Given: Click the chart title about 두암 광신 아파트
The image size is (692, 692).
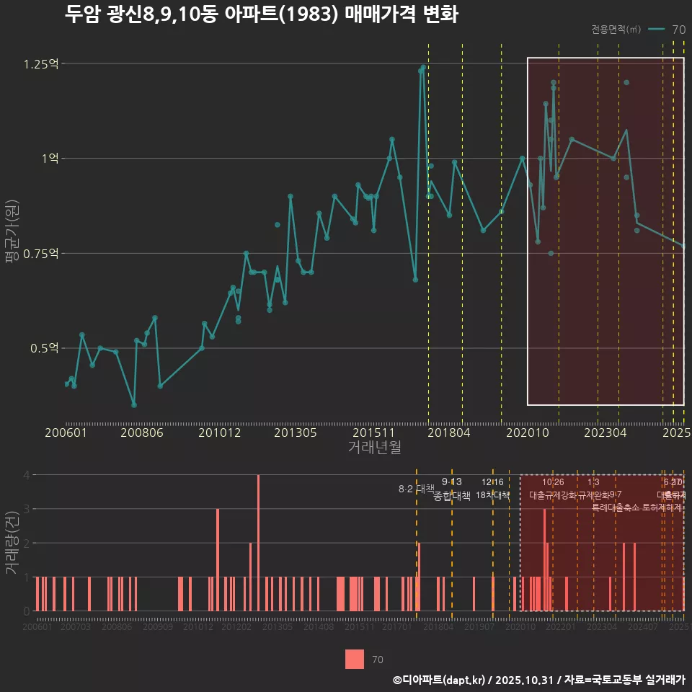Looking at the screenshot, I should (x=261, y=14).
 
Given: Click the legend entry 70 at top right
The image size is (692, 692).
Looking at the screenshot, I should (x=678, y=30).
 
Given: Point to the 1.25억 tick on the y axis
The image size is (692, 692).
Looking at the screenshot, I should (x=40, y=64).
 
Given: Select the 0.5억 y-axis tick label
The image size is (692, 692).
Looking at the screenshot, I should (x=43, y=348).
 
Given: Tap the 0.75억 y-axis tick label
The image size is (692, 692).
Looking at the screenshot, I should (x=40, y=254).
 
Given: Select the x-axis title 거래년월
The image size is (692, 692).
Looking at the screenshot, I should (x=375, y=448).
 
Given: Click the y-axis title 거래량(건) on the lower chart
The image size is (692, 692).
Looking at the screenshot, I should (x=12, y=543).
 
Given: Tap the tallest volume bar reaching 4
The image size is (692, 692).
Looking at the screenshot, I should (x=258, y=542).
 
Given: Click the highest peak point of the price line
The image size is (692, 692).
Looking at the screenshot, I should (x=423, y=67).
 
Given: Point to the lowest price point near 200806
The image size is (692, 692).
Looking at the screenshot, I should (x=134, y=405).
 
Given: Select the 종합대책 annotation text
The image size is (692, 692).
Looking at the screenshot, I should (x=452, y=496).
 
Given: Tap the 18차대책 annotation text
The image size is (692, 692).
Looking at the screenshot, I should (x=492, y=496).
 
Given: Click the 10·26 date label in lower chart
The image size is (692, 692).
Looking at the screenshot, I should (x=553, y=482).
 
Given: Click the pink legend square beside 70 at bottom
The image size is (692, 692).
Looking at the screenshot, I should (x=355, y=659).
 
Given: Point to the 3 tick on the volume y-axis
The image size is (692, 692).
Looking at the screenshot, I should (x=26, y=509).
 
